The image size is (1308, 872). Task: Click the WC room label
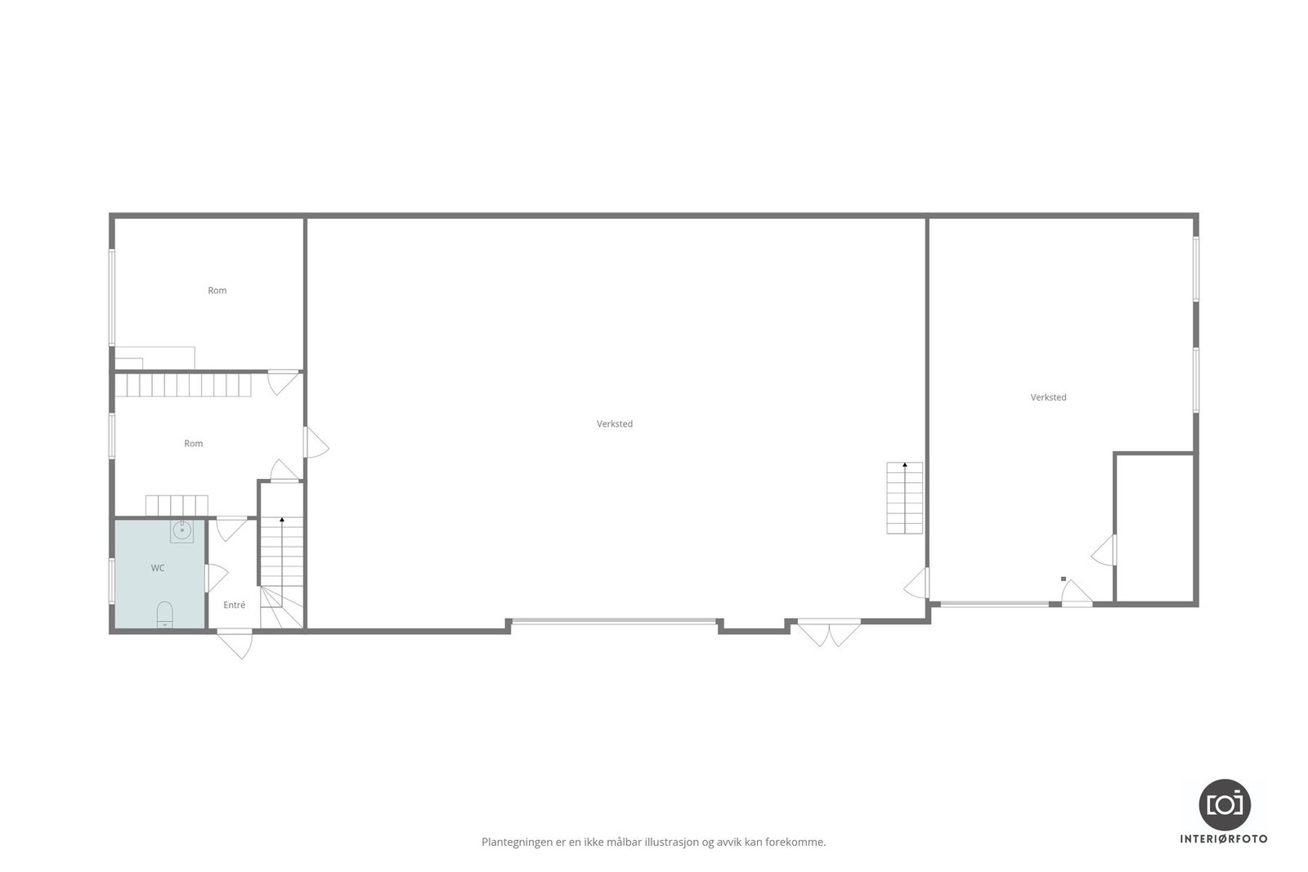(158, 568)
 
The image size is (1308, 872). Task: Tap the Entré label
(235, 606)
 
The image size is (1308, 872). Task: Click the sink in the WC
(181, 530)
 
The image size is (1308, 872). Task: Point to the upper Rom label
(217, 291)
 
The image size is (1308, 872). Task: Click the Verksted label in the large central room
(615, 424)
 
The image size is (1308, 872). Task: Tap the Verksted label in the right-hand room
(1048, 398)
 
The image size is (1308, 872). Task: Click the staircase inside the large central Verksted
(904, 498)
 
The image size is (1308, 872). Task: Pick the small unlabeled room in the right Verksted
(1155, 527)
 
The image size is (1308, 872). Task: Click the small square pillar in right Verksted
(1064, 579)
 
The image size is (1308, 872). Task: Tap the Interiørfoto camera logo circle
(1225, 804)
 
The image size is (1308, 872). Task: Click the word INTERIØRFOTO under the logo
(1224, 838)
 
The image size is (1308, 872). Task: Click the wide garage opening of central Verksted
(613, 623)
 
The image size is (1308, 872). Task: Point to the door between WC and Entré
(214, 577)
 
